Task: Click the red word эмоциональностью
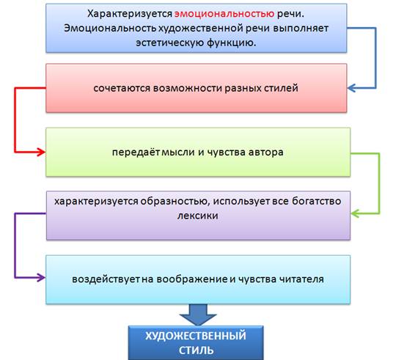[224, 13]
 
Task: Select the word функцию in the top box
[232, 43]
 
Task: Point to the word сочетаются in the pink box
[122, 88]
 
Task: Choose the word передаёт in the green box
[136, 153]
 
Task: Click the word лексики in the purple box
[198, 216]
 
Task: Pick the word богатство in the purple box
[316, 201]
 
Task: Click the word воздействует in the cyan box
[106, 279]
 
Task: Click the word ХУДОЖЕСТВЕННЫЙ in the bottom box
[196, 336]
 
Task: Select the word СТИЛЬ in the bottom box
[196, 350]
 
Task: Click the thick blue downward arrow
[198, 315]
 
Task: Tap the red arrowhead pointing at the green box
[41, 153]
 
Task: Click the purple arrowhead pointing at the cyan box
[41, 278]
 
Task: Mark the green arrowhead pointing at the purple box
[355, 213]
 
